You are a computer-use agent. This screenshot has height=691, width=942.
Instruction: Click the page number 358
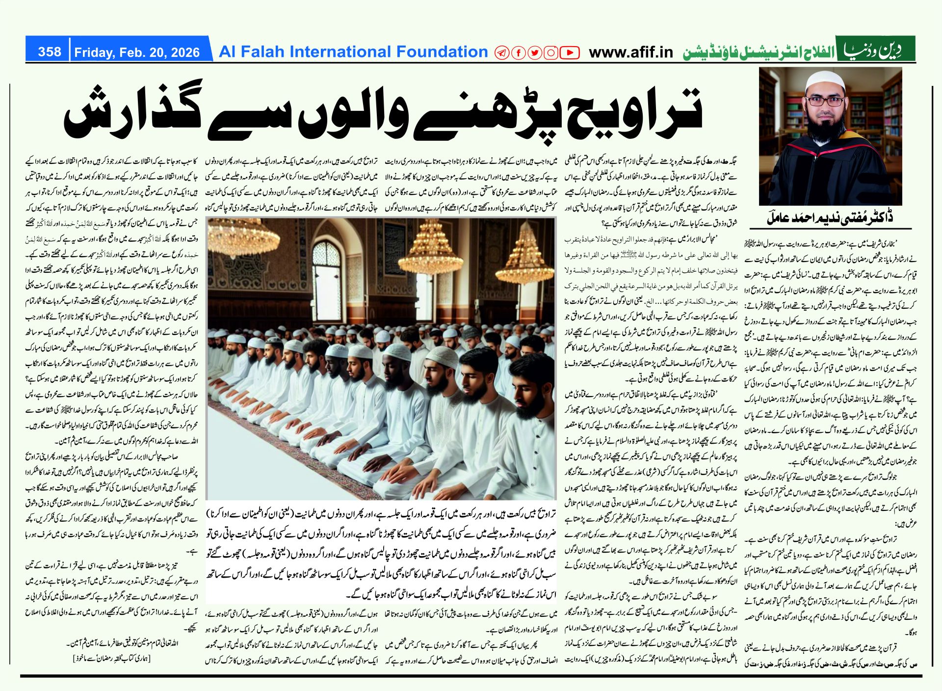coord(50,52)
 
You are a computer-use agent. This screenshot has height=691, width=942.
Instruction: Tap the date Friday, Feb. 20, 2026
coord(137,53)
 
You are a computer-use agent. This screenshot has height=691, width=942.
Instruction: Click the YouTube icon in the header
coord(569,53)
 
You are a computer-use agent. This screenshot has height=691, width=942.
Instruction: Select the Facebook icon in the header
coord(518,53)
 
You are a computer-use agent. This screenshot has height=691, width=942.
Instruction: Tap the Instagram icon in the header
coord(551,53)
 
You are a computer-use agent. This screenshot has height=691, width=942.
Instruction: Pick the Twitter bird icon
coord(534,53)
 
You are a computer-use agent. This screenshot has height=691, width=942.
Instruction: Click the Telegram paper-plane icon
coord(501,53)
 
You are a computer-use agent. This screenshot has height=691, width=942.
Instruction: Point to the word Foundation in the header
coord(442,52)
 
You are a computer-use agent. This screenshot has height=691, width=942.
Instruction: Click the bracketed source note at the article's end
coord(111,658)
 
